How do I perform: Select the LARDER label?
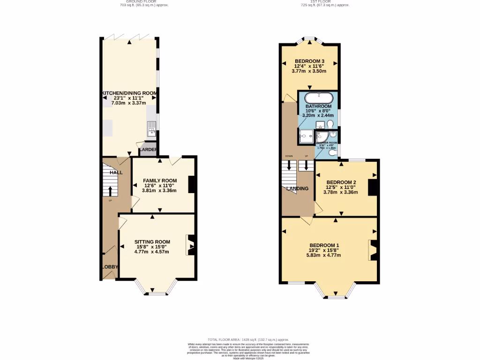(x=148, y=150)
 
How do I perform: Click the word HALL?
(x=116, y=172)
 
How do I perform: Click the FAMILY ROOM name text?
(x=160, y=181)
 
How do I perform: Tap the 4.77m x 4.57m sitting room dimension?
(x=151, y=252)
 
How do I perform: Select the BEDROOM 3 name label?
(x=309, y=61)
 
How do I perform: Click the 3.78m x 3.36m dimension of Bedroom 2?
(x=341, y=191)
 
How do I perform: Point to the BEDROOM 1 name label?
(x=324, y=246)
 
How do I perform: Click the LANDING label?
(x=298, y=189)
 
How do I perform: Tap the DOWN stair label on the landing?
(x=289, y=156)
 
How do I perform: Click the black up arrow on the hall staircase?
(x=111, y=190)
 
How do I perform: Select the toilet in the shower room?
(x=332, y=152)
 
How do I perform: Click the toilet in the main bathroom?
(x=330, y=124)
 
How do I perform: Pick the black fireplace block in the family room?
(x=192, y=184)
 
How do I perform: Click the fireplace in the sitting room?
(x=191, y=245)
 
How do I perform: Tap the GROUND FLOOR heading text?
(x=144, y=1)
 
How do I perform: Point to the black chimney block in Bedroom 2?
(x=373, y=187)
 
